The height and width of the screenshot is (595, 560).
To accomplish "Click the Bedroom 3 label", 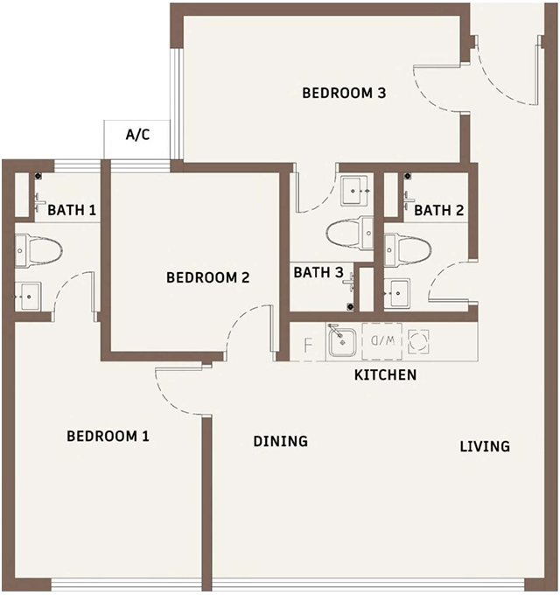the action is coord(344,93).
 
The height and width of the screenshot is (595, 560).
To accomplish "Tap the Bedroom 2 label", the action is coord(208,277).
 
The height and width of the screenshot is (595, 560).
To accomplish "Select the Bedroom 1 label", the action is coord(108,436).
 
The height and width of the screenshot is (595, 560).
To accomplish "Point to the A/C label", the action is coord(137,135).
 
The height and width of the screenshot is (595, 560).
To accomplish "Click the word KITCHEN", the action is coord(385,374).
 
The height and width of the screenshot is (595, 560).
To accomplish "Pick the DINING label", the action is coord(280,441).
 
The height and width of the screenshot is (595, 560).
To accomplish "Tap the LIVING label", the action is coord(485,446).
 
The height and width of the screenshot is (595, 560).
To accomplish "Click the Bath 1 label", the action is coord(72,210).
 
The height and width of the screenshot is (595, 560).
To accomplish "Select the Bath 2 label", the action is coord(438,210).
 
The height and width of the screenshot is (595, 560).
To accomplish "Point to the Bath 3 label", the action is coord(318,272).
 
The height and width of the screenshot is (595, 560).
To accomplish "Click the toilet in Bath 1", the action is coord(38,251).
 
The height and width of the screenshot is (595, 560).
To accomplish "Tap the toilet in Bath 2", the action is coord(408,249).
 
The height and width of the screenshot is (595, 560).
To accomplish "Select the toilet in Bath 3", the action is coord(350,233).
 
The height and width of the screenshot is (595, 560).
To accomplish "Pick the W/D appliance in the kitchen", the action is coord(382,341).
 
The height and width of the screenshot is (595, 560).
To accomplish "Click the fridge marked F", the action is coord(308,341).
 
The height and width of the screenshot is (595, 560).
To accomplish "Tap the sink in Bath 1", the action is coord(28,297).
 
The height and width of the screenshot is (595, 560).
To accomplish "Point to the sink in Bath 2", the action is coord(397,293).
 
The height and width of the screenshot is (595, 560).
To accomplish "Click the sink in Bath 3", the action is coord(354,191).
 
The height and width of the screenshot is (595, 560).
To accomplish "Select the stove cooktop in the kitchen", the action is coord(418,341).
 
